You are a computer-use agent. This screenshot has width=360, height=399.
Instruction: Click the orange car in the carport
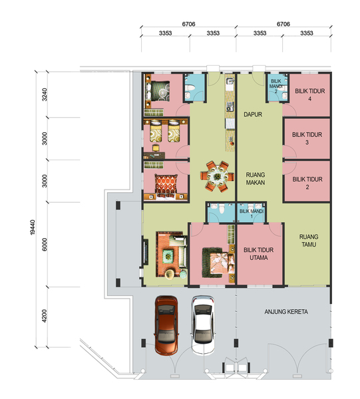click(166, 325)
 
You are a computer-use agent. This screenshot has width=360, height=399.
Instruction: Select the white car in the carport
click(203, 325)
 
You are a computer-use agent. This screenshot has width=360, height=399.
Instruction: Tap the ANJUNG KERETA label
click(286, 312)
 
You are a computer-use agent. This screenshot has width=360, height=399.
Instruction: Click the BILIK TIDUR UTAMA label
click(259, 254)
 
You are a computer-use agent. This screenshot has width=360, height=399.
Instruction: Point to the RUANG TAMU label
click(309, 241)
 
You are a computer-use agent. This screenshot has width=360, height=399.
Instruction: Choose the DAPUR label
click(253, 114)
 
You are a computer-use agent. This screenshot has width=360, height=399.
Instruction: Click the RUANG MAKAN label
click(256, 179)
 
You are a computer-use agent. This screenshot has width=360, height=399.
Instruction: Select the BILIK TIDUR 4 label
click(310, 95)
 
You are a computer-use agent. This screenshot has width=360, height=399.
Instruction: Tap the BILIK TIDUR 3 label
click(307, 138)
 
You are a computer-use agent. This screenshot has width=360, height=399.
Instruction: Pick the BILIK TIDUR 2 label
click(307, 184)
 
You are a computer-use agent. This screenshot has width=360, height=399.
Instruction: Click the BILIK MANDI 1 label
click(252, 213)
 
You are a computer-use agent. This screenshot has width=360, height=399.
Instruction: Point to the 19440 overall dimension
click(33, 227)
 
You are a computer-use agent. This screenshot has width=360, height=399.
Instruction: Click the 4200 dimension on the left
click(45, 316)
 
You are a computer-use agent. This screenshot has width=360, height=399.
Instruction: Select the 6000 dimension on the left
click(45, 245)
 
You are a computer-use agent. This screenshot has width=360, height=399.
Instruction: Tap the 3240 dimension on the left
click(45, 94)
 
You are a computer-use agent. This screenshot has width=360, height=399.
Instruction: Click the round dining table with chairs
click(217, 176)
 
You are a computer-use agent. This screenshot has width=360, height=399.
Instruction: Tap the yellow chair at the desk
click(156, 148)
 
